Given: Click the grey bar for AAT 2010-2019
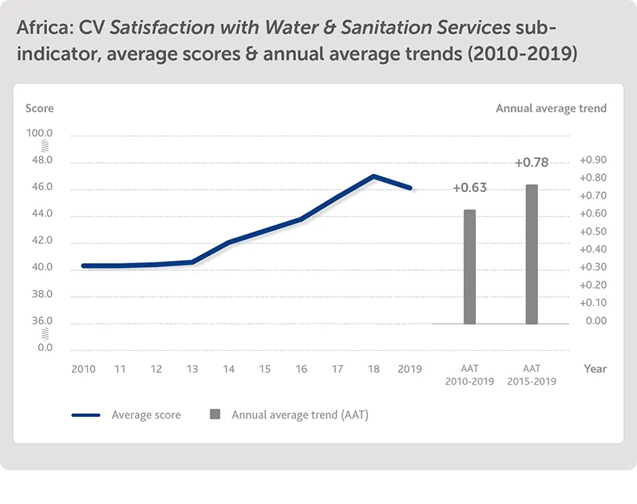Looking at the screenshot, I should click(469, 267).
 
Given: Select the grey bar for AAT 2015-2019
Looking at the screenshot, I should click(531, 254).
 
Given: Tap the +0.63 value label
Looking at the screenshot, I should click(469, 187).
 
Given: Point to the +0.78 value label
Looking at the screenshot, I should click(531, 162).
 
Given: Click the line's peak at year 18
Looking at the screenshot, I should click(373, 176).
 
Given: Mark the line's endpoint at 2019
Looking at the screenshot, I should click(411, 188).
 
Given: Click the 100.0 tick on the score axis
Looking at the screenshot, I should click(40, 133).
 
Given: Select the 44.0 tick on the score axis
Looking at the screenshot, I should click(40, 214).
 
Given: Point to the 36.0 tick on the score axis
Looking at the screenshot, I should click(40, 321).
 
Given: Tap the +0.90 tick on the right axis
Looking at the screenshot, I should click(593, 160).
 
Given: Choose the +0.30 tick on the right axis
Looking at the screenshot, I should click(593, 267).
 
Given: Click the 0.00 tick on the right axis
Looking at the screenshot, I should click(595, 321).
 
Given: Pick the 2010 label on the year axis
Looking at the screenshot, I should click(82, 369).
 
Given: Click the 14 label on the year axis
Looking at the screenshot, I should click(229, 369).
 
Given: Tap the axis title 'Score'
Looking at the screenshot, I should click(40, 108).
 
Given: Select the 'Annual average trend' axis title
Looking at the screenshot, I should click(551, 108).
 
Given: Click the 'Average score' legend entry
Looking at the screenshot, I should click(145, 415).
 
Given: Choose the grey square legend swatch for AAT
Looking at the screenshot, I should click(215, 414).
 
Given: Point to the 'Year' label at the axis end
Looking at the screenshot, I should click(595, 369).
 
